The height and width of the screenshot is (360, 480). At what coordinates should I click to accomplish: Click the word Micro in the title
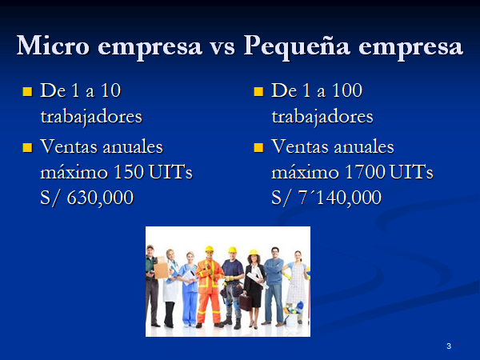point(53,46)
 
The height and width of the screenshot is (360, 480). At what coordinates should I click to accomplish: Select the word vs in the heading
point(222,47)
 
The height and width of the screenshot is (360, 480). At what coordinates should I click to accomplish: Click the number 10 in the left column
point(111,90)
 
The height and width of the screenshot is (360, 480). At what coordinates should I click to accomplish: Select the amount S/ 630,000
point(87,198)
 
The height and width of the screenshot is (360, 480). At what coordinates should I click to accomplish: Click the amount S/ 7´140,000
point(326,198)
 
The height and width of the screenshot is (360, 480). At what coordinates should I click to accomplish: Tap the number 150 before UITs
point(129,172)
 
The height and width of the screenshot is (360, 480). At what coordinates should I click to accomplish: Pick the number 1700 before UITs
point(365,172)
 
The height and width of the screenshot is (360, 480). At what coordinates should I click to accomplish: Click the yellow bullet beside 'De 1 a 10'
point(27,91)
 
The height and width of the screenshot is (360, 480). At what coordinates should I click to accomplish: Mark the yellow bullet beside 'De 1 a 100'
point(258,91)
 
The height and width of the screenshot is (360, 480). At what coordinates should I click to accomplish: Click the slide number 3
point(449,346)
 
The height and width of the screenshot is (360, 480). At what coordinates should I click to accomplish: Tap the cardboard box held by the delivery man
point(161,270)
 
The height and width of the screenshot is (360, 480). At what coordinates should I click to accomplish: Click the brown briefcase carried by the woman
point(246,302)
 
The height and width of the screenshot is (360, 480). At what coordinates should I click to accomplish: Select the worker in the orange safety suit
point(209,286)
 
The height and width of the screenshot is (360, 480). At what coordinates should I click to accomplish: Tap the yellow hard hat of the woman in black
point(254,253)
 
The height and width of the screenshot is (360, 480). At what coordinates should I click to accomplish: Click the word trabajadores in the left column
point(91,118)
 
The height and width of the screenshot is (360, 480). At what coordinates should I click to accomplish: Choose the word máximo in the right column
point(305,172)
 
